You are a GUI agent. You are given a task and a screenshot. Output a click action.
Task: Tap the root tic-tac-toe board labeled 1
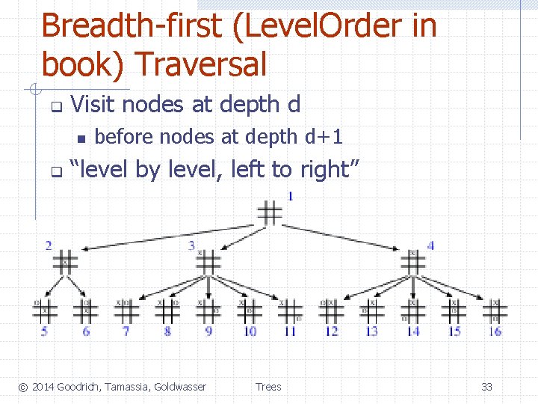[270, 212]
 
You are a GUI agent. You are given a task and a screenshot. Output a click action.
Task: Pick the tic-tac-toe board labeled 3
[208, 262]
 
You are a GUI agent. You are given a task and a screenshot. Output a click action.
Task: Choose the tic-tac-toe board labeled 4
[412, 262]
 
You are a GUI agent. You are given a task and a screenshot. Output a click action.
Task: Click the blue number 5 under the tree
[45, 331]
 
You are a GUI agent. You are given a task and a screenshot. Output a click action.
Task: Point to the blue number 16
[495, 331]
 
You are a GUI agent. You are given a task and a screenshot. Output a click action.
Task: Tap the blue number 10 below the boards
[250, 331]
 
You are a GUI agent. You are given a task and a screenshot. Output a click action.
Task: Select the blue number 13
[371, 331]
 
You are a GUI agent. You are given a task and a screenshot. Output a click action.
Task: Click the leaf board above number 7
[127, 309]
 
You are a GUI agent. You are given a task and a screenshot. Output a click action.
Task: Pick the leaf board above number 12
[331, 309]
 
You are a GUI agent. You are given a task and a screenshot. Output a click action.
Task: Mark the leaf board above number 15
[454, 309]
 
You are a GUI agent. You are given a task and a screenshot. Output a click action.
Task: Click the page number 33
[486, 387]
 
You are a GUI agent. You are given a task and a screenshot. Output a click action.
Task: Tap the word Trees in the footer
[268, 387]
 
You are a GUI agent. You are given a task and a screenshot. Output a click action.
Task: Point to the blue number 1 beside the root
[290, 197]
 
